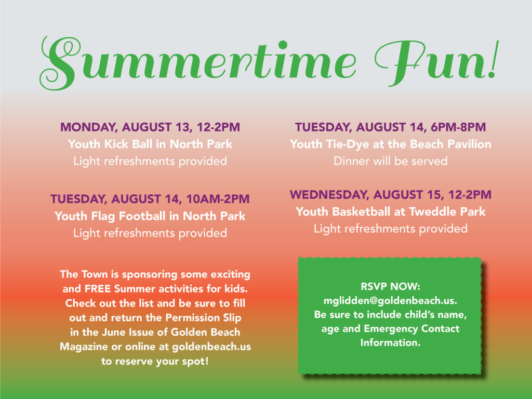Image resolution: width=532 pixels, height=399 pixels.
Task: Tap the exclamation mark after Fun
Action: click(x=495, y=60)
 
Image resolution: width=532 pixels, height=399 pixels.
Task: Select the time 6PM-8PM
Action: click(x=458, y=127)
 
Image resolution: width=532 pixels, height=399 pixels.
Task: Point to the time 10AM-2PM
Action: click(x=218, y=199)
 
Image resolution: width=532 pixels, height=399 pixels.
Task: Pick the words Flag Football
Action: click(x=128, y=216)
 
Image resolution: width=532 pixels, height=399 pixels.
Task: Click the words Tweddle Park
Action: click(x=447, y=212)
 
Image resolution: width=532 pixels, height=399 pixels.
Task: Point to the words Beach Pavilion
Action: click(x=450, y=144)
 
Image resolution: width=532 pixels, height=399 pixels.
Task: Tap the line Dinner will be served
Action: click(x=391, y=161)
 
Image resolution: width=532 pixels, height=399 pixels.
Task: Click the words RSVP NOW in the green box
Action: click(x=391, y=287)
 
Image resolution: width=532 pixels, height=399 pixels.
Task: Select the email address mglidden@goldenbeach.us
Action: click(x=391, y=301)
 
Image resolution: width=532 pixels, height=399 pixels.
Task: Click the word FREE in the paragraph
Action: click(x=98, y=289)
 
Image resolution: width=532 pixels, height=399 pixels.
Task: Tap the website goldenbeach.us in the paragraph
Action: click(x=211, y=347)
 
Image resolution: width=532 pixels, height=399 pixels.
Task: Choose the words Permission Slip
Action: click(x=203, y=318)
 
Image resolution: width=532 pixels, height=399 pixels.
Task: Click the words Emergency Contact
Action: click(x=411, y=329)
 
